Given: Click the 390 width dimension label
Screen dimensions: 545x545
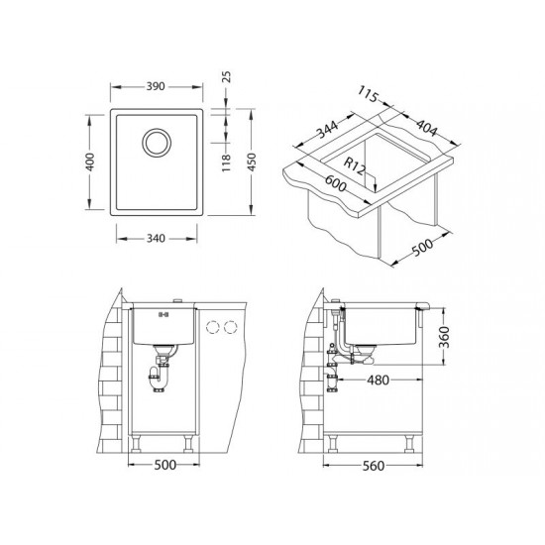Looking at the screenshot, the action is pyautogui.click(x=155, y=86).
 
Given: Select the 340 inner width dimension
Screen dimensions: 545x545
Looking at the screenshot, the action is pyautogui.click(x=156, y=239).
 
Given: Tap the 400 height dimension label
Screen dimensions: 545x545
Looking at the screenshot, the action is pyautogui.click(x=89, y=162).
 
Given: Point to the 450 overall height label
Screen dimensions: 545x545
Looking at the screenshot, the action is pyautogui.click(x=251, y=162).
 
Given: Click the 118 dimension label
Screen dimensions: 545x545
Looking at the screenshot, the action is pyautogui.click(x=226, y=163).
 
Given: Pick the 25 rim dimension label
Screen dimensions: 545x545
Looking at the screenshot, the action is pyautogui.click(x=226, y=76).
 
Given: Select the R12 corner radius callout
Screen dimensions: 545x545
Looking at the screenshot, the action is pyautogui.click(x=355, y=166).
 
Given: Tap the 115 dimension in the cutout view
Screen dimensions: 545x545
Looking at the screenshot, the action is pyautogui.click(x=368, y=94).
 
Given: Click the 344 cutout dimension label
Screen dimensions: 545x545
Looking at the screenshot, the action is pyautogui.click(x=327, y=129).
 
